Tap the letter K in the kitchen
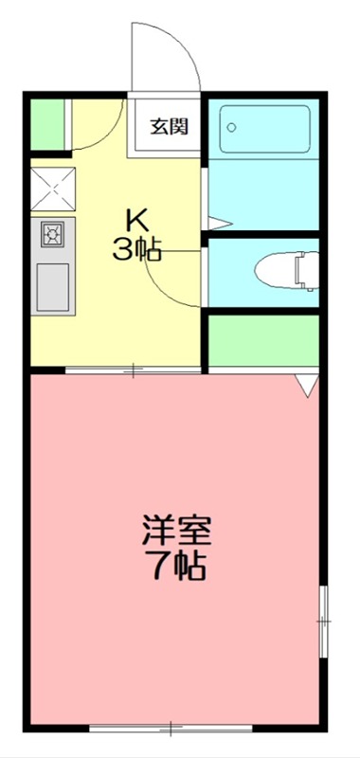coord(138,221)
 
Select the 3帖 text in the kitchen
coord(138,249)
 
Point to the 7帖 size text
coord(176,566)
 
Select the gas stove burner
coord(51,233)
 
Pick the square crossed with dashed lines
coord(51,188)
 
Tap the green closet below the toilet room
coord(263,340)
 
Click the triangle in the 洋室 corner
coord(306,386)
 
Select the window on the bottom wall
coord(171,728)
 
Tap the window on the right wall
coord(323,620)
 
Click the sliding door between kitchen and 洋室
coord(133,370)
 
